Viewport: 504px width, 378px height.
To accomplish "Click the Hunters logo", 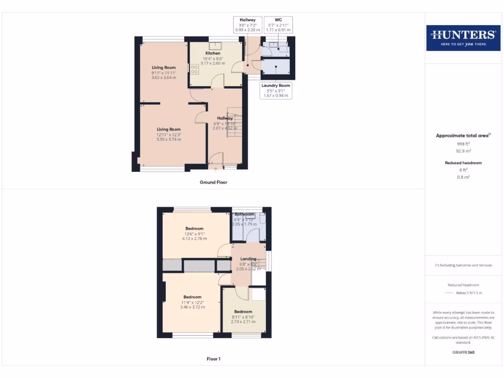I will [x=463, y=37].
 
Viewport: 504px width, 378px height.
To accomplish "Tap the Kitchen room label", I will [x=213, y=53].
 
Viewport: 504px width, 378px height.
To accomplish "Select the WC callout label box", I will [x=277, y=25].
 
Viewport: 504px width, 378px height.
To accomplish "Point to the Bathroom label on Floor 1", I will [x=244, y=214].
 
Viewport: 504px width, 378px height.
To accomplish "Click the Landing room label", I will [x=248, y=259].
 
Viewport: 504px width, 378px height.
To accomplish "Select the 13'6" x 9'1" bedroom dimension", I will [x=194, y=234].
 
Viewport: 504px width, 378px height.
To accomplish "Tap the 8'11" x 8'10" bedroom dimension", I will [x=243, y=317].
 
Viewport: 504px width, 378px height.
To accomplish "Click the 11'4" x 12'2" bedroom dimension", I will [x=192, y=302].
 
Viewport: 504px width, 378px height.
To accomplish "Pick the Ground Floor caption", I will [x=213, y=182].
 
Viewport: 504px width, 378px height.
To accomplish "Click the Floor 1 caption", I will [x=213, y=359].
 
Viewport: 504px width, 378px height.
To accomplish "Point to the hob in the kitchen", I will [x=194, y=69].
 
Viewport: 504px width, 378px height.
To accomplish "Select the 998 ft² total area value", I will [x=463, y=144].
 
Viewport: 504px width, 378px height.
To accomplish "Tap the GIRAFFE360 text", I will [x=463, y=352].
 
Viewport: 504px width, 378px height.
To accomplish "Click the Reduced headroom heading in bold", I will [x=463, y=162].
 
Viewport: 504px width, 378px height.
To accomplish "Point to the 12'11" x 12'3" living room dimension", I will [x=169, y=134].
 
